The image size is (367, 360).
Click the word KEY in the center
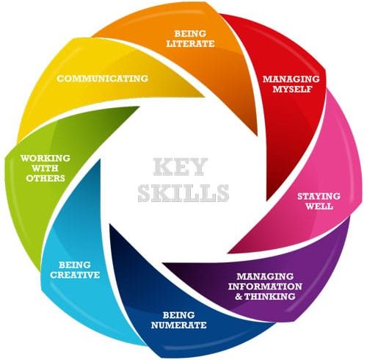point(180,167)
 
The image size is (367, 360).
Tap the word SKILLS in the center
point(183,193)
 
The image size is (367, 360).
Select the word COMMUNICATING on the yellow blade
point(103,79)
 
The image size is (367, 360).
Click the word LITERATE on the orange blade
point(190,43)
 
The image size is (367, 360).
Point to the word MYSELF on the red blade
point(292,89)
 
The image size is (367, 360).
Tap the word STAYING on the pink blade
point(319,196)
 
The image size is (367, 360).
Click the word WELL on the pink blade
point(319,206)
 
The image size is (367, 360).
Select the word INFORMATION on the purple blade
point(265,287)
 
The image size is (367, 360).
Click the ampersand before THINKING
point(239,297)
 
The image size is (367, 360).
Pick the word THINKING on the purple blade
point(270,297)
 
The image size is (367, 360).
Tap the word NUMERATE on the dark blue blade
point(179,325)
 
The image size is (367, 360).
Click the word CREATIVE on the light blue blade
point(75,275)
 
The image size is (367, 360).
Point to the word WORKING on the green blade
point(46,158)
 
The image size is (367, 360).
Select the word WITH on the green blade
point(46,168)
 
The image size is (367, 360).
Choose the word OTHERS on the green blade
point(46,179)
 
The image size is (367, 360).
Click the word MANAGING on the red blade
point(291,79)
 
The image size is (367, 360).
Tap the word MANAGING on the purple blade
point(265,276)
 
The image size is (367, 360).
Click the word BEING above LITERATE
point(190,34)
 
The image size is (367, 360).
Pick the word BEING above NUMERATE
point(179,315)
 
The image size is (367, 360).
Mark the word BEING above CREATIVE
point(75,264)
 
